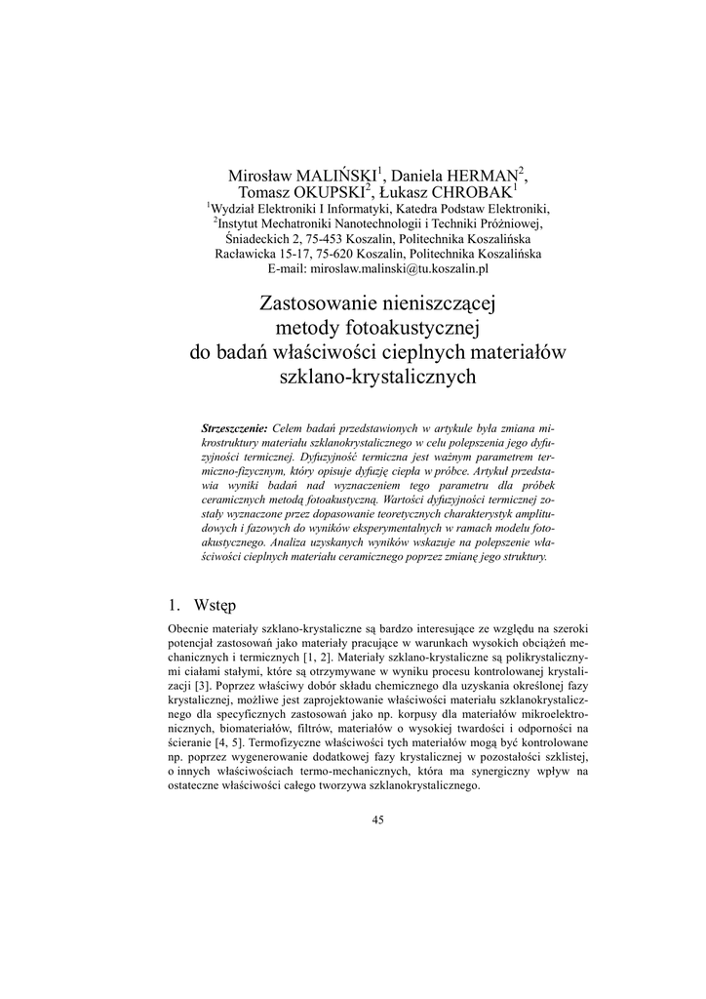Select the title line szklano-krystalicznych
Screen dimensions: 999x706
[377, 375]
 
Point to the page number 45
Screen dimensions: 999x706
[377, 819]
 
